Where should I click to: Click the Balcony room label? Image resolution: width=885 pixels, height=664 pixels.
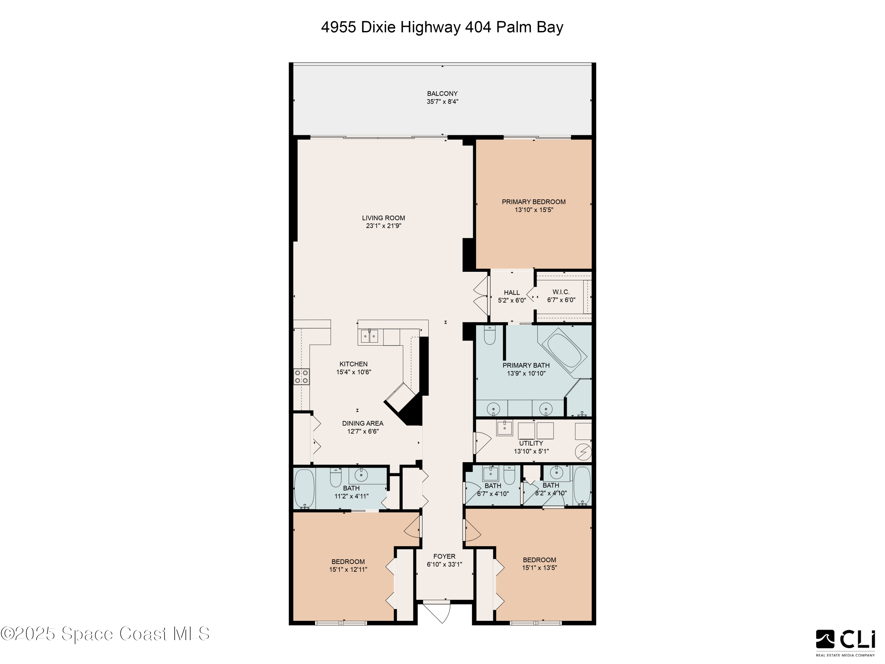pos(442,94)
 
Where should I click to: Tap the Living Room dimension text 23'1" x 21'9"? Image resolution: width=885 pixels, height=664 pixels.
pos(383,226)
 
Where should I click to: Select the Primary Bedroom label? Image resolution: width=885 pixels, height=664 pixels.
pos(533,202)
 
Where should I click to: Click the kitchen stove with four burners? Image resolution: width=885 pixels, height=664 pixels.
pos(301,377)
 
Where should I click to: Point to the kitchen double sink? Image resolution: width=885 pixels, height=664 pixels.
pos(369,336)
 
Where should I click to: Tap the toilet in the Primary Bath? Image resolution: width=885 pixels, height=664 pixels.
pos(490,336)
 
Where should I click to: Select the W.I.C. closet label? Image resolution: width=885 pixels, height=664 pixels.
pos(561,292)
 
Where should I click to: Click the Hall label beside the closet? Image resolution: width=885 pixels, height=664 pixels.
pos(512,292)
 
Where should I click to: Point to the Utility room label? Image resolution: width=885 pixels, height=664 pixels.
pos(531,443)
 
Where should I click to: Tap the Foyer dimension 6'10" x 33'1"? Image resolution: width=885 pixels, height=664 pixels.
pos(444,564)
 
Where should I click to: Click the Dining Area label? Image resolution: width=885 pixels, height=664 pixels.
pos(363,423)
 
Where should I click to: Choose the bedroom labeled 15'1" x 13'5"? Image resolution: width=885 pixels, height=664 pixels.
pos(539,564)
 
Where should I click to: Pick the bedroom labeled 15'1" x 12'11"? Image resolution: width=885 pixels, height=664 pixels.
pos(348,565)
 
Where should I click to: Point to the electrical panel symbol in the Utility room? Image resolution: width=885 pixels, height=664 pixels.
pos(583,452)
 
